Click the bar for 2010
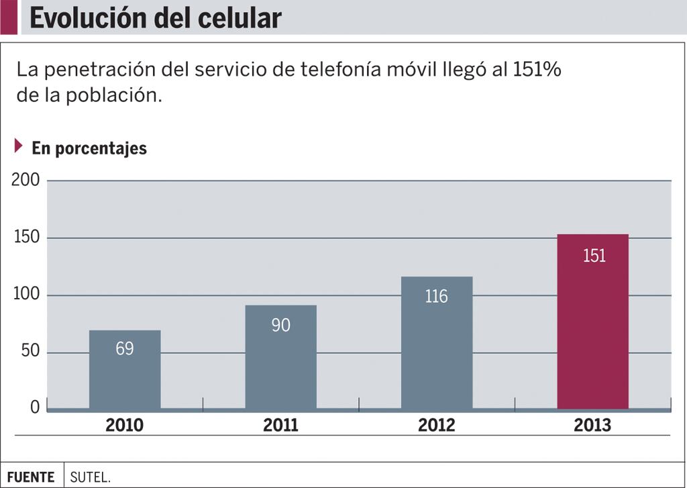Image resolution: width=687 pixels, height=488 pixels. tap(125, 376)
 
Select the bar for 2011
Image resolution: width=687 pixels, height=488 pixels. tap(280, 362)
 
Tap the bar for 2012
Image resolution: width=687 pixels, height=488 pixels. tap(436, 349)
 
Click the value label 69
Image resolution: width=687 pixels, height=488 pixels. tap(125, 349)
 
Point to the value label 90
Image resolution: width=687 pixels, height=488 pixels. tap(280, 325)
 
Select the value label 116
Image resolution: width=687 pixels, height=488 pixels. tap(436, 296)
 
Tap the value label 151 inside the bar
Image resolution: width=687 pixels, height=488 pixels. tap(594, 256)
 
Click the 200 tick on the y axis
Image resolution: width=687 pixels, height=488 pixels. tap(25, 181)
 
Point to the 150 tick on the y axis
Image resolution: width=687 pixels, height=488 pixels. tap(26, 238)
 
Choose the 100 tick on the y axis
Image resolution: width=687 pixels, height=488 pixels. tap(26, 295)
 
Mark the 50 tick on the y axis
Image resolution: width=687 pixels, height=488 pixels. tap(30, 352)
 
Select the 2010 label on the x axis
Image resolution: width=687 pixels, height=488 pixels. tap(125, 425)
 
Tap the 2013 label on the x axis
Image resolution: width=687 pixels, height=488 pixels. tap(592, 425)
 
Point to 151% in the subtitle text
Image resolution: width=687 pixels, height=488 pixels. tap(537, 70)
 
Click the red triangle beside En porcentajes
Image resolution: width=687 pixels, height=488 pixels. tap(19, 146)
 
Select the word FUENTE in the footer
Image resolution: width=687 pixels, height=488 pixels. tap(31, 477)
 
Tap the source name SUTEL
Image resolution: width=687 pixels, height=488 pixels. tap(90, 477)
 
